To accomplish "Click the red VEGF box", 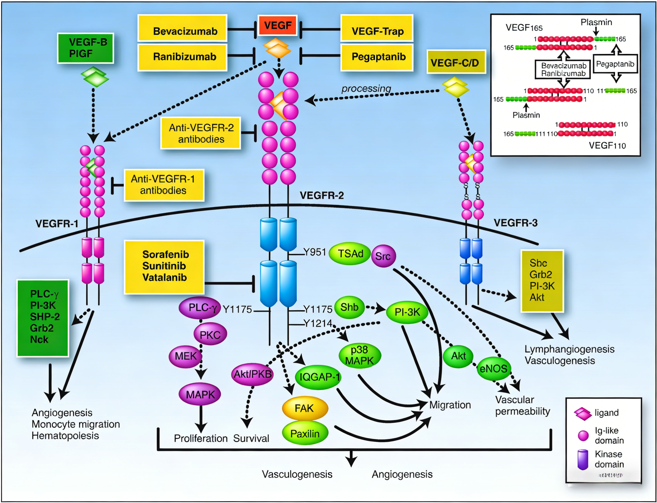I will pos(277,26).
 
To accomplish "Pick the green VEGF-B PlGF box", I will pos(86,48).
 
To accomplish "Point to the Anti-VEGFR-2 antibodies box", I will pos(201,133).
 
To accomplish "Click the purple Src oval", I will pos(383,256).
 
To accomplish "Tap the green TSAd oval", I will pos(350,254).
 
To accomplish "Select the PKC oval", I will pos(210,335).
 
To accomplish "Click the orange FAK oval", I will pos(305,408).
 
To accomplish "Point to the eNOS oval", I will pos(493,369).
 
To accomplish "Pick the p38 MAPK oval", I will pos(359,355).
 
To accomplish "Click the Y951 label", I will pos(314,252).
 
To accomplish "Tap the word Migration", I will pos(450,405).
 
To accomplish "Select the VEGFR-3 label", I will pos(515,223).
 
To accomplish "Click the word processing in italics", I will pos(366,89).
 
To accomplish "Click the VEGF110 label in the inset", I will pos(607,146).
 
